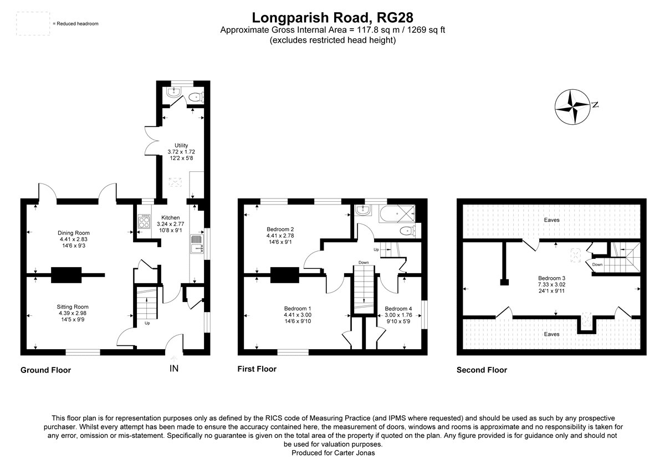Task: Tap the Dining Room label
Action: point(74,233)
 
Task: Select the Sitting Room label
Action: point(73,306)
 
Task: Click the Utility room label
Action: point(181,145)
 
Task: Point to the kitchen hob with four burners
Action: point(144,222)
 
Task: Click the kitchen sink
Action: point(196,244)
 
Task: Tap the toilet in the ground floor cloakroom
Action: point(194,98)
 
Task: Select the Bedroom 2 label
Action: point(280,229)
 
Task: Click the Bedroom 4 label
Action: point(398,309)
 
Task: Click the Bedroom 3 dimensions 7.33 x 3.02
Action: point(551,285)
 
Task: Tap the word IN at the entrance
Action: point(174,367)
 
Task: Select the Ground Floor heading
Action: point(45,370)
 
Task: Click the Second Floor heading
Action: point(482,370)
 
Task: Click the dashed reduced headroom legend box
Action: point(32,24)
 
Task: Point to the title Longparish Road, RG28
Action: point(332,18)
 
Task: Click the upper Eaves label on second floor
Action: point(551,220)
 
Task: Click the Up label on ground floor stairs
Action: point(147,323)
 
